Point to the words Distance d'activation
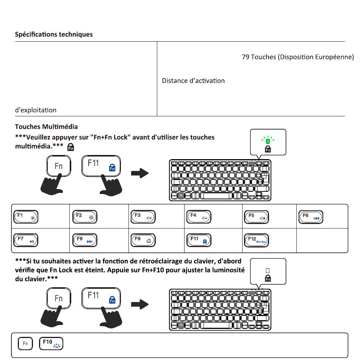coord(193,81)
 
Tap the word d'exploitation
coord(36,110)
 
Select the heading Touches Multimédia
coord(46,126)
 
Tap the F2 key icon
coord(85,217)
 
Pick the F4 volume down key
coord(199,217)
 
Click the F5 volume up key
coord(256,217)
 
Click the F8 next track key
coord(85,240)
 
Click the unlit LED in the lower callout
coord(268,271)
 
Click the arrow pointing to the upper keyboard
coord(140,173)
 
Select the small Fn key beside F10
coord(25,344)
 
